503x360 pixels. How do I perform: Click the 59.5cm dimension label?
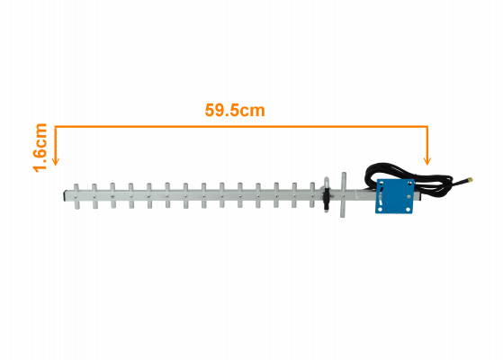click(x=235, y=110)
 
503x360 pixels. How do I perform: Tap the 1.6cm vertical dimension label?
click(x=40, y=148)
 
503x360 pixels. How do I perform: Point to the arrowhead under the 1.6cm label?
click(x=56, y=161)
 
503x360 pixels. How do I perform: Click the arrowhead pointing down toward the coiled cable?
click(x=427, y=161)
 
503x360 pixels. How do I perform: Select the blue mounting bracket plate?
click(x=395, y=196)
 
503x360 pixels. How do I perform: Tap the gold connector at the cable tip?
click(x=470, y=180)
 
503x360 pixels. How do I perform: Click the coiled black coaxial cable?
click(x=408, y=175)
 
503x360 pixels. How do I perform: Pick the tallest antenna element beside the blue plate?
click(x=343, y=195)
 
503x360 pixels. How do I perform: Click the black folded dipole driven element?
click(x=327, y=194)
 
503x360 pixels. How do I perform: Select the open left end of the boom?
click(x=65, y=196)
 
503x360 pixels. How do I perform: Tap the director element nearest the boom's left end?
click(x=76, y=196)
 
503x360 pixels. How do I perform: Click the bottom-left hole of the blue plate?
click(x=380, y=210)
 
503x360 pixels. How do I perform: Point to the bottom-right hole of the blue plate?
click(x=409, y=210)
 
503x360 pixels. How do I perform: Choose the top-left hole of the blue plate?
click(x=382, y=183)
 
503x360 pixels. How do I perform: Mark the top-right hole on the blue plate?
click(x=410, y=184)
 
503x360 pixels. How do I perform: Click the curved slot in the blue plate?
click(x=381, y=196)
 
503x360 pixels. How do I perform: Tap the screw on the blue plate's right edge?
click(x=409, y=196)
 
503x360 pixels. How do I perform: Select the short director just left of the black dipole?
click(x=312, y=194)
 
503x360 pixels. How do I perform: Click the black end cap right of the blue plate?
click(x=418, y=195)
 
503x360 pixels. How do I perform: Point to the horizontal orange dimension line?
click(x=241, y=126)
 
